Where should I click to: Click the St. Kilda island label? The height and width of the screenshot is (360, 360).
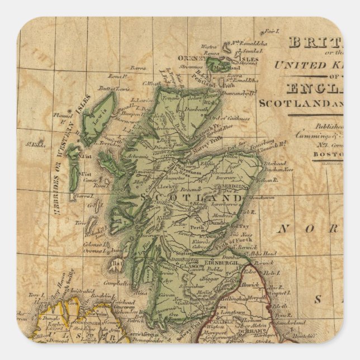[x=38, y=144]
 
